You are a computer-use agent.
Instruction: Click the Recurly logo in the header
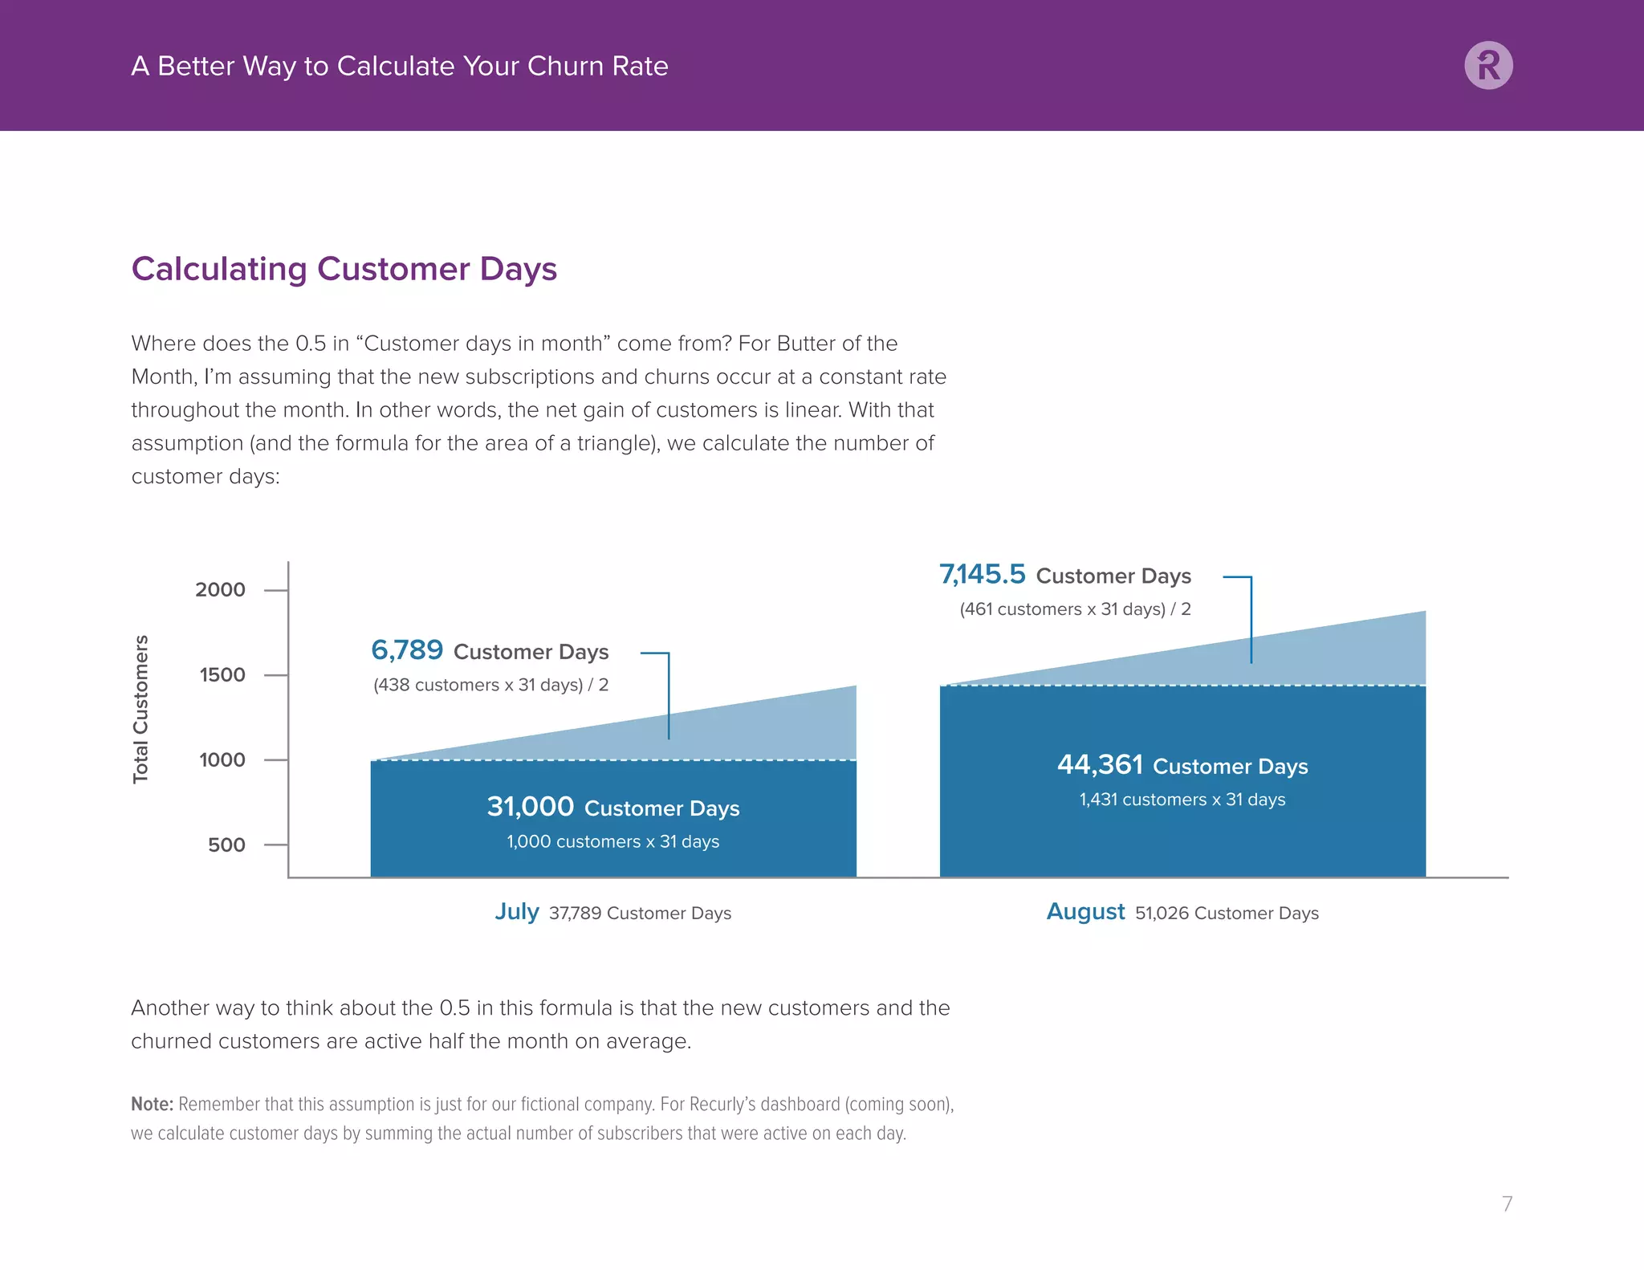(1488, 65)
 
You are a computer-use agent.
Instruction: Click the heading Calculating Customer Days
(344, 269)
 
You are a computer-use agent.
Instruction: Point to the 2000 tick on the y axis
(220, 590)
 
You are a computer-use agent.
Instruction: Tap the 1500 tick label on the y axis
(222, 675)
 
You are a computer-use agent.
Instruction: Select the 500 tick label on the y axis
(226, 845)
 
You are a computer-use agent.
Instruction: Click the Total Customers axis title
(140, 709)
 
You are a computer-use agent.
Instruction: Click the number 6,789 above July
(407, 650)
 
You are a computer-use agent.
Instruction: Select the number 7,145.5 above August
(983, 575)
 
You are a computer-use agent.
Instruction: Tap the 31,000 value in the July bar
(531, 807)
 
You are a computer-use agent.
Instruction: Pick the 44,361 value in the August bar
(1100, 765)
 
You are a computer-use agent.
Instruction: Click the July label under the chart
(516, 912)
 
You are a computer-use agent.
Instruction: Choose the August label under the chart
(1085, 912)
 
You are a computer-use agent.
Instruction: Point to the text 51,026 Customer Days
(1227, 914)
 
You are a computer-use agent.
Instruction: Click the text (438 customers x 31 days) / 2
(490, 686)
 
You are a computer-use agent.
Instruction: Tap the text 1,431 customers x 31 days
(1182, 800)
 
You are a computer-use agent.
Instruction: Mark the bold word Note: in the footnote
(152, 1105)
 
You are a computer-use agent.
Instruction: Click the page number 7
(1507, 1203)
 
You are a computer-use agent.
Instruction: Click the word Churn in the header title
(564, 66)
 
